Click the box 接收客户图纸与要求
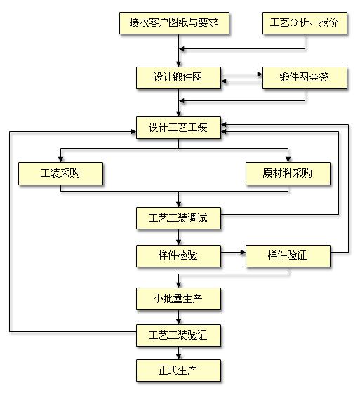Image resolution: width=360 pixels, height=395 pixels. click(x=174, y=23)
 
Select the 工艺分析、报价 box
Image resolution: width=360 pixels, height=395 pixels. click(x=305, y=23)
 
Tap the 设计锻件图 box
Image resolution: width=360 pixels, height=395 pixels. click(x=178, y=78)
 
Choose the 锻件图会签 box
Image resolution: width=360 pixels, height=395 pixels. click(x=305, y=78)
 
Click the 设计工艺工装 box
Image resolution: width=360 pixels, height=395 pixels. click(x=178, y=128)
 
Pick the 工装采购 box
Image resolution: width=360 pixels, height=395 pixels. click(x=60, y=173)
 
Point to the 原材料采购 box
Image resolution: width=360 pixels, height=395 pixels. click(x=288, y=173)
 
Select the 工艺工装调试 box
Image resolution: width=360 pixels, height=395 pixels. click(x=178, y=218)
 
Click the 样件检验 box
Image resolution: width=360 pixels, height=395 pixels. click(x=178, y=256)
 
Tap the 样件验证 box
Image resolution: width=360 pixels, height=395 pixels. click(x=288, y=256)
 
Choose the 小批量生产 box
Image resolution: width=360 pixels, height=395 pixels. click(x=178, y=299)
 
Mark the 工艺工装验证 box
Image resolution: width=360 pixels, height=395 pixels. click(x=178, y=335)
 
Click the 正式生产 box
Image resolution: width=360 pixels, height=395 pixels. click(x=178, y=370)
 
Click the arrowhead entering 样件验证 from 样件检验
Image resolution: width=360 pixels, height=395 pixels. click(x=243, y=253)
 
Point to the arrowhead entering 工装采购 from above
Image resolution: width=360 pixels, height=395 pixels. click(x=61, y=159)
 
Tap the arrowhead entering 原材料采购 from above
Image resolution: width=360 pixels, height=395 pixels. click(x=288, y=159)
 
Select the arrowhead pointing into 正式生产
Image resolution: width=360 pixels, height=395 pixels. click(x=179, y=356)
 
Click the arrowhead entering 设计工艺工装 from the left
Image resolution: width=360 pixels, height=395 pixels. click(x=133, y=131)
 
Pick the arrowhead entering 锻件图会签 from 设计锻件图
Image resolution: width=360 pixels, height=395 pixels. click(x=260, y=74)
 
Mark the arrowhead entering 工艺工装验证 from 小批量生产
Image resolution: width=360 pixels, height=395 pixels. click(x=179, y=321)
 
